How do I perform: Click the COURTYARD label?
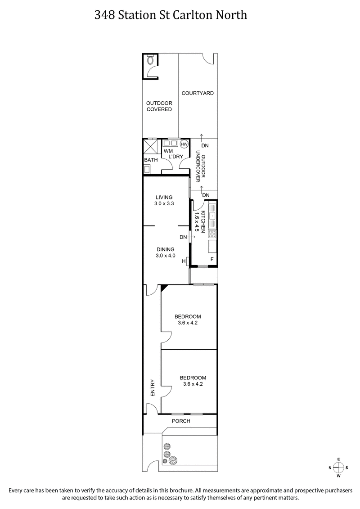pos(197,93)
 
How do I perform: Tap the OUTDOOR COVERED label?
pos(159,106)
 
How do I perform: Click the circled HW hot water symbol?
pos(184,144)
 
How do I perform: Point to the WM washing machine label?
pos(168,151)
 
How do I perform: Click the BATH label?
pos(151,160)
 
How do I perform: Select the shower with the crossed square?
pos(150,147)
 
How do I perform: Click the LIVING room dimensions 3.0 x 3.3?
pos(165,203)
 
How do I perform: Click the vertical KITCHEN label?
pos(203,221)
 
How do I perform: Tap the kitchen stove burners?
pos(212,234)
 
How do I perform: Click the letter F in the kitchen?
pos(212,260)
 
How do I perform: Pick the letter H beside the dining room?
pos(184,261)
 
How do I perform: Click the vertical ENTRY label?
pos(153,387)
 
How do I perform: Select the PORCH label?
pos(181,421)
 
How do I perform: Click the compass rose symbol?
pos(338,467)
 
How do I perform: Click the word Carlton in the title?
pos(195,15)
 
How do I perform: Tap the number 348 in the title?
pos(104,15)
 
